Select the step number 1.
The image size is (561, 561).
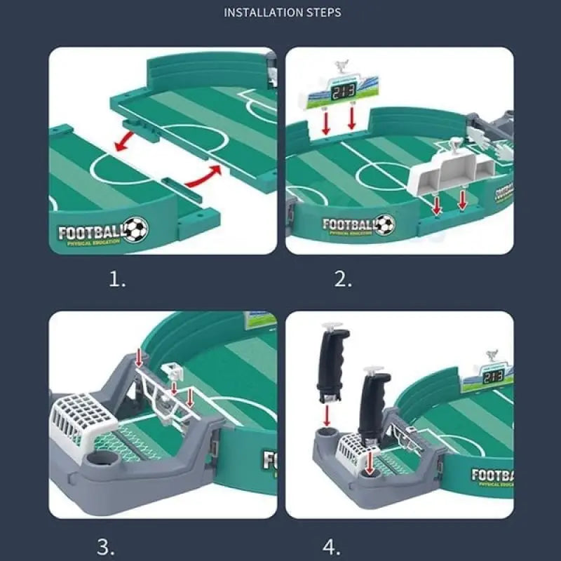[117, 280]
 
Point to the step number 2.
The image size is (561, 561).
[343, 280]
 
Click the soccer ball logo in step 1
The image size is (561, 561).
[136, 229]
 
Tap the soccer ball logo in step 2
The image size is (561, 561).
[384, 224]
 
